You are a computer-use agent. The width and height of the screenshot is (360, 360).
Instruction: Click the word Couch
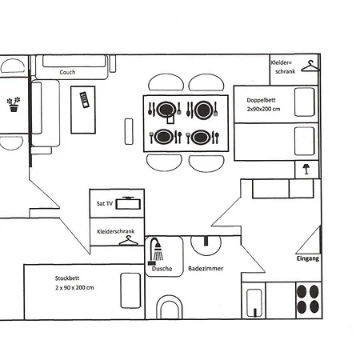(67, 72)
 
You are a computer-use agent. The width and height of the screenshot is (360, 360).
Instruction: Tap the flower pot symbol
(13, 104)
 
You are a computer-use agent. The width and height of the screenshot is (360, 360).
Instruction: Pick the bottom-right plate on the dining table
(202, 137)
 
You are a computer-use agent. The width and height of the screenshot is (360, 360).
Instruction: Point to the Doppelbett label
(261, 100)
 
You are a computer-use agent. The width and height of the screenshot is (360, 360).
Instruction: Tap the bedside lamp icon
(305, 169)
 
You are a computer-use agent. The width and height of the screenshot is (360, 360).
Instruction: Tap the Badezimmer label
(206, 270)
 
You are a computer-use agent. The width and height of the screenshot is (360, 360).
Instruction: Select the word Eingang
(307, 260)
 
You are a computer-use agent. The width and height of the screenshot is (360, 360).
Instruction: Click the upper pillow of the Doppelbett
(304, 102)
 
